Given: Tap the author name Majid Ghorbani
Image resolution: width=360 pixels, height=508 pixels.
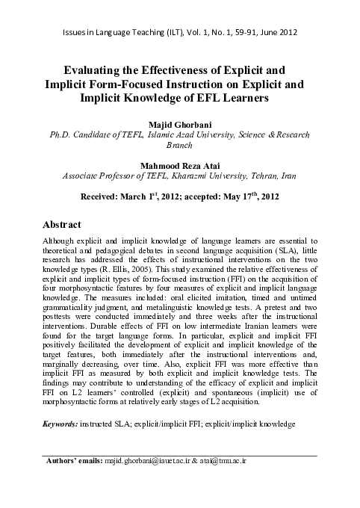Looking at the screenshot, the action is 179,124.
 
